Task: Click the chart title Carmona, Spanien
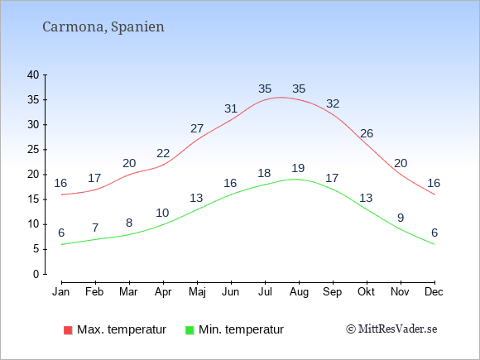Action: [x=103, y=27]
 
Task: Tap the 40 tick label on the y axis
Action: [x=33, y=74]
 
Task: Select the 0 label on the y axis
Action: [x=36, y=274]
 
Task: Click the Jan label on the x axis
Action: [x=61, y=292]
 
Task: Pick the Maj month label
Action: [x=197, y=292]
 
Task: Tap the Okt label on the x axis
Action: [x=366, y=292]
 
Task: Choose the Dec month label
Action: [x=434, y=292]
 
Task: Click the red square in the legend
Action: [x=68, y=330]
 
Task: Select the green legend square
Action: [x=190, y=330]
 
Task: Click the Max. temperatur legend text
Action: [x=122, y=329]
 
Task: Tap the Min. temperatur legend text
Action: [x=241, y=329]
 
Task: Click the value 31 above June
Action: [x=231, y=108]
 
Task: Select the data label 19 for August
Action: [x=298, y=168]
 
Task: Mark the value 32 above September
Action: [x=333, y=103]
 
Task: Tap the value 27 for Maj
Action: [x=197, y=128]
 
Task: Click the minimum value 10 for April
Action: [x=162, y=213]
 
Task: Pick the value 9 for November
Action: [x=401, y=218]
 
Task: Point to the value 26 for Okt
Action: [x=367, y=133]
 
